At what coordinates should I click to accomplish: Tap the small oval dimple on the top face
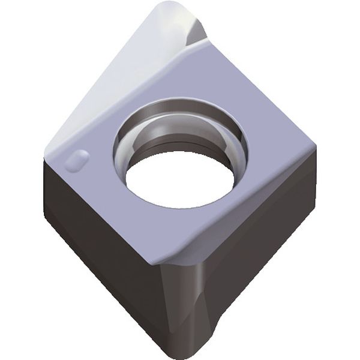click(76, 161)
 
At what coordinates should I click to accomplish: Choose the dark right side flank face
click(264, 240)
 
